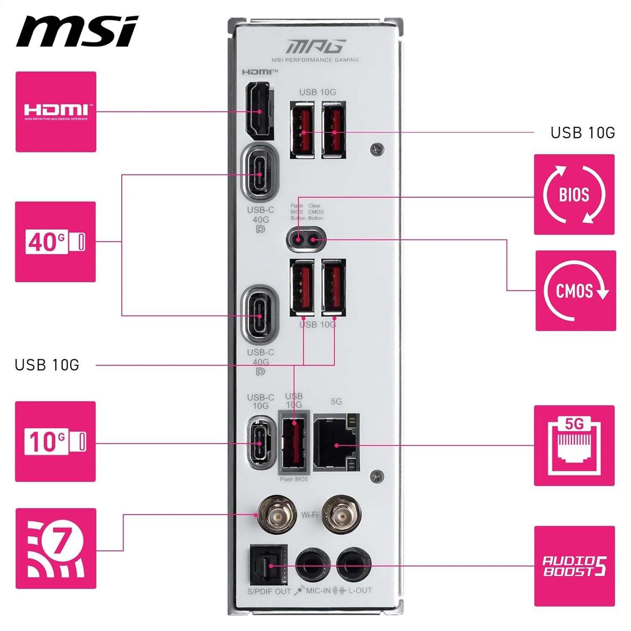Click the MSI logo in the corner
77,32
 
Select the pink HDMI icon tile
56,112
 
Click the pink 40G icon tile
56,242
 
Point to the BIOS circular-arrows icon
574,194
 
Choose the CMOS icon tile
575,291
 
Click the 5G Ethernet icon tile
574,445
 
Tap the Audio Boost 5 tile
574,566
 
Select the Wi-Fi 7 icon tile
56,549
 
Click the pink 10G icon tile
56,442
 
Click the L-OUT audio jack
353,565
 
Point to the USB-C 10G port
260,443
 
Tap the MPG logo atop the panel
316,46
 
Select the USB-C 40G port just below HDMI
260,174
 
